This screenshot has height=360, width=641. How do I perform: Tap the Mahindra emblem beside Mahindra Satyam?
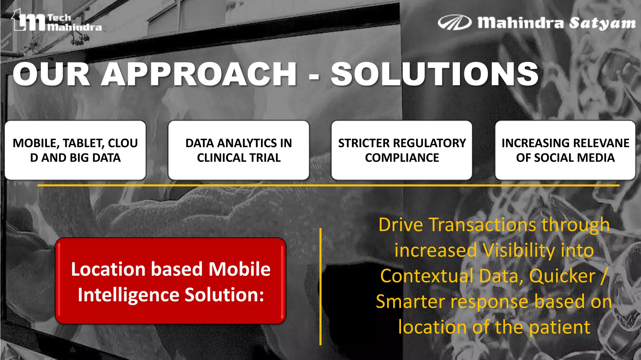click(x=454, y=22)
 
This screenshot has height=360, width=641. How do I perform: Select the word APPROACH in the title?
click(x=198, y=74)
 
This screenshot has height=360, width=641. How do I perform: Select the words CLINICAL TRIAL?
click(x=239, y=158)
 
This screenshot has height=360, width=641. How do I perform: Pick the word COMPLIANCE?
click(x=402, y=158)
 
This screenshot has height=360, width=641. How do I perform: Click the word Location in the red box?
click(x=108, y=269)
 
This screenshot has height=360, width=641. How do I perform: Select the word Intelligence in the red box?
click(x=129, y=295)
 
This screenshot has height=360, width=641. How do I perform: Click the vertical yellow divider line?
click(x=320, y=287)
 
